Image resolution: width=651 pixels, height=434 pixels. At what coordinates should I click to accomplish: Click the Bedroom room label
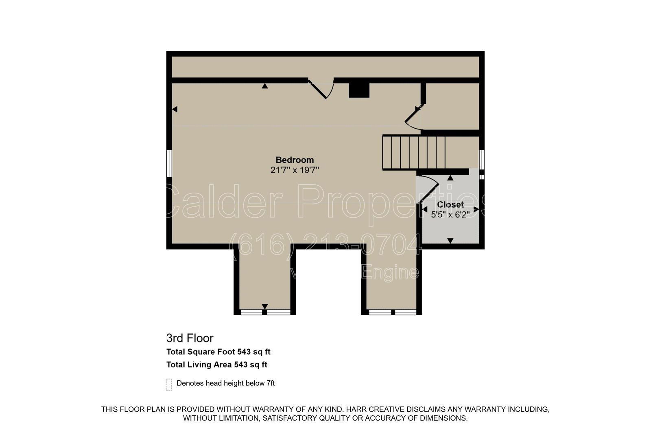tap(295, 160)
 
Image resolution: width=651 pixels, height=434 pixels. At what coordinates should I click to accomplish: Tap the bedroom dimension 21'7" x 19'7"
tap(295, 170)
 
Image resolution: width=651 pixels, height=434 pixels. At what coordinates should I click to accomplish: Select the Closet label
tap(450, 205)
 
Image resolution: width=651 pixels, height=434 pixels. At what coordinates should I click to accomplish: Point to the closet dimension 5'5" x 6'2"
tap(450, 215)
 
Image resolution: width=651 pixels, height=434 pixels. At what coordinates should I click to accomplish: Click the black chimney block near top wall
tap(359, 90)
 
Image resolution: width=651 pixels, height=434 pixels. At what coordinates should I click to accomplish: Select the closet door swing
tap(428, 187)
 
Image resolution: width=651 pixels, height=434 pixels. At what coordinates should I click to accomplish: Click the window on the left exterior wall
tap(169, 163)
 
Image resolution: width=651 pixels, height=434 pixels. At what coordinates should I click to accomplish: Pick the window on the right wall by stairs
tap(482, 159)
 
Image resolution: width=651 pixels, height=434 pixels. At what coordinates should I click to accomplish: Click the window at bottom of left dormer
tap(265, 312)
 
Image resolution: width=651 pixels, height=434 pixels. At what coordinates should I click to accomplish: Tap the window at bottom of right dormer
tap(393, 312)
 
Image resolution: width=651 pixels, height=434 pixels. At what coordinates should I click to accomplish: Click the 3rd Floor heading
tap(190, 338)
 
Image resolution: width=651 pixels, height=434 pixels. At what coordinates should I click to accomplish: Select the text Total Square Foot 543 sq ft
tap(218, 352)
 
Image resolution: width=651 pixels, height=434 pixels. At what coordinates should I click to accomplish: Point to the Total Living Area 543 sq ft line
tap(216, 365)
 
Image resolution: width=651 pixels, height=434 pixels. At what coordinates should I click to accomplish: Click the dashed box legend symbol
tap(169, 384)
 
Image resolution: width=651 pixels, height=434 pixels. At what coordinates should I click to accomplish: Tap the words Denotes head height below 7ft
tap(225, 383)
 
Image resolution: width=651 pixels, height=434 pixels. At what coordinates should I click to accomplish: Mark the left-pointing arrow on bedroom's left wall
tap(175, 109)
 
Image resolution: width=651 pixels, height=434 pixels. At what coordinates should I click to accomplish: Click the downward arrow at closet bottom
tap(450, 241)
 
